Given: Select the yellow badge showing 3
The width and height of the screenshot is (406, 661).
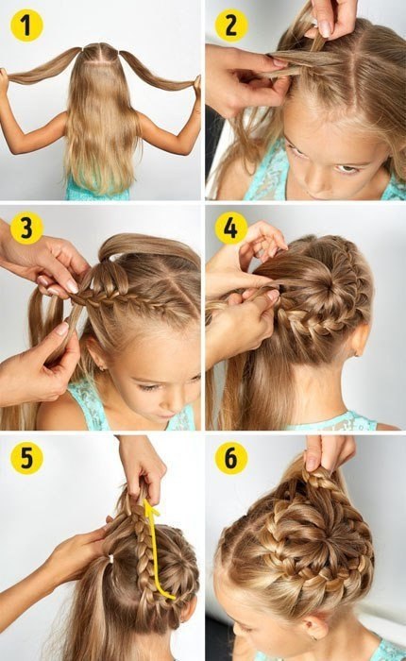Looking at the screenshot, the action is (x=26, y=229).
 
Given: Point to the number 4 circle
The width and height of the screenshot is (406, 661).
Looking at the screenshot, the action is (x=231, y=229).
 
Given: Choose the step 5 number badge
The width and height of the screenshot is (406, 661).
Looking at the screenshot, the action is (x=26, y=457).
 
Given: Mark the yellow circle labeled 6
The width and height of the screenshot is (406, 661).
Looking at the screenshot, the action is (x=231, y=457).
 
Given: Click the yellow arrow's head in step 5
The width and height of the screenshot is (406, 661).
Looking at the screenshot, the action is (x=151, y=508).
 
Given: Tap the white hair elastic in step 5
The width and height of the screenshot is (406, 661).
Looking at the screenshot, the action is (x=110, y=559).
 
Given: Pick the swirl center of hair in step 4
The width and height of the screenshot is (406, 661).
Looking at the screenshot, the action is (x=323, y=287).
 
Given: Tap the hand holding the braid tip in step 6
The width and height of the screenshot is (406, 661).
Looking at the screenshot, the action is (x=329, y=452).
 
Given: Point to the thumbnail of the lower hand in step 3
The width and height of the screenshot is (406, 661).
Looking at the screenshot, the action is (x=62, y=328).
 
